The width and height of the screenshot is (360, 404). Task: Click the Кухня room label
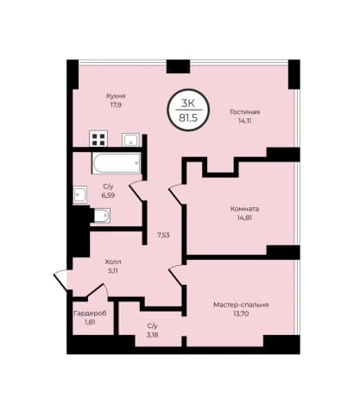(116, 96)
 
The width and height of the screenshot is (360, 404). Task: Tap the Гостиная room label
(245, 111)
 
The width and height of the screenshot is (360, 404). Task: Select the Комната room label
(244, 209)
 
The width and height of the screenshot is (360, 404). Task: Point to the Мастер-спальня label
(241, 305)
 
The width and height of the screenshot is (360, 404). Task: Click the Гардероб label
(90, 313)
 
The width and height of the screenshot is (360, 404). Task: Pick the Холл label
(113, 262)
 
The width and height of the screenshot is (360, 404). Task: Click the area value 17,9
(116, 104)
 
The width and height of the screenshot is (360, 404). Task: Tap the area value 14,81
(244, 218)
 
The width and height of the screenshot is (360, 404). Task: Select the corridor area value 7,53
(163, 235)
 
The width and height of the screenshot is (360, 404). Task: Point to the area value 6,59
(108, 195)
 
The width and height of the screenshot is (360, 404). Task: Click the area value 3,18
(152, 335)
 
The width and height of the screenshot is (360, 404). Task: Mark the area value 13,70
(241, 313)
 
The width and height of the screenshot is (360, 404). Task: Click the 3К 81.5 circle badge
(188, 110)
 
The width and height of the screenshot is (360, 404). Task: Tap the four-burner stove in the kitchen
(98, 138)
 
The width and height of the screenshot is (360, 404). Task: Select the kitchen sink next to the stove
(130, 140)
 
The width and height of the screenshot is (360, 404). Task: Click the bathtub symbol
(117, 163)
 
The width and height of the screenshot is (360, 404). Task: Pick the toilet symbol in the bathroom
(100, 216)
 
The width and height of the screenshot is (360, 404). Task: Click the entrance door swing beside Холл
(61, 280)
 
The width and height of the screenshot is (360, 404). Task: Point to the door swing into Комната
(176, 194)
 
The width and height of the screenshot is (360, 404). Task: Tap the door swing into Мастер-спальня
(176, 275)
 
